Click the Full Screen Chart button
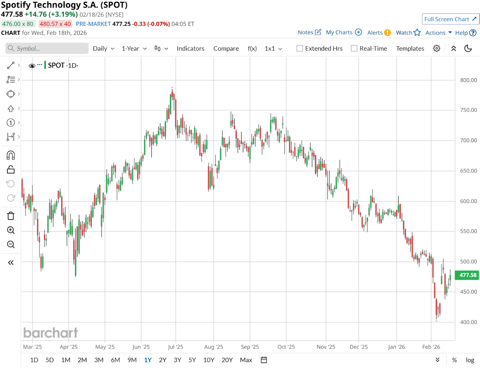point(450,19)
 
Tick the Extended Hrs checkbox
point(300,49)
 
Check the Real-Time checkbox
point(354,49)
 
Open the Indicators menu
point(190,49)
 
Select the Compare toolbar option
point(226,49)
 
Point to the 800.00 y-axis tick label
point(468,80)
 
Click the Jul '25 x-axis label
point(175,347)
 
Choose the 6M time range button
point(115,360)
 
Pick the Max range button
point(246,360)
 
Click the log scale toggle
point(470,360)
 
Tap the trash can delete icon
point(11,216)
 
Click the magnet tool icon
point(11,155)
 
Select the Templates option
point(410,49)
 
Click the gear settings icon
point(436,49)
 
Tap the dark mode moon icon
point(468,49)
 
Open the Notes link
point(309,32)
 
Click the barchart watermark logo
point(50,333)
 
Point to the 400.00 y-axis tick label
point(468,322)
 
